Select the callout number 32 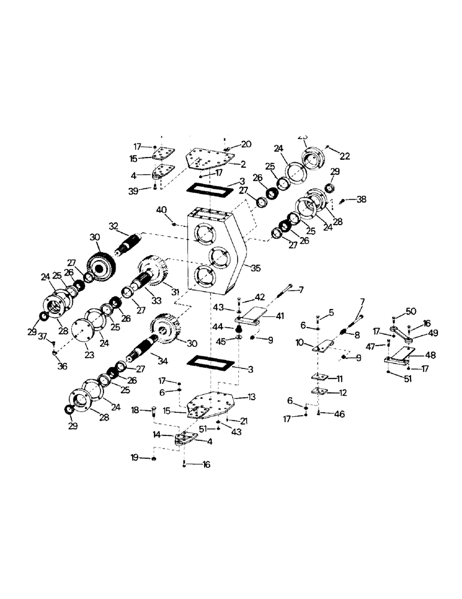[x=114, y=226]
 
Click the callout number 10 [x=300, y=343]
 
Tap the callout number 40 [x=161, y=210]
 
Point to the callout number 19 [x=135, y=458]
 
